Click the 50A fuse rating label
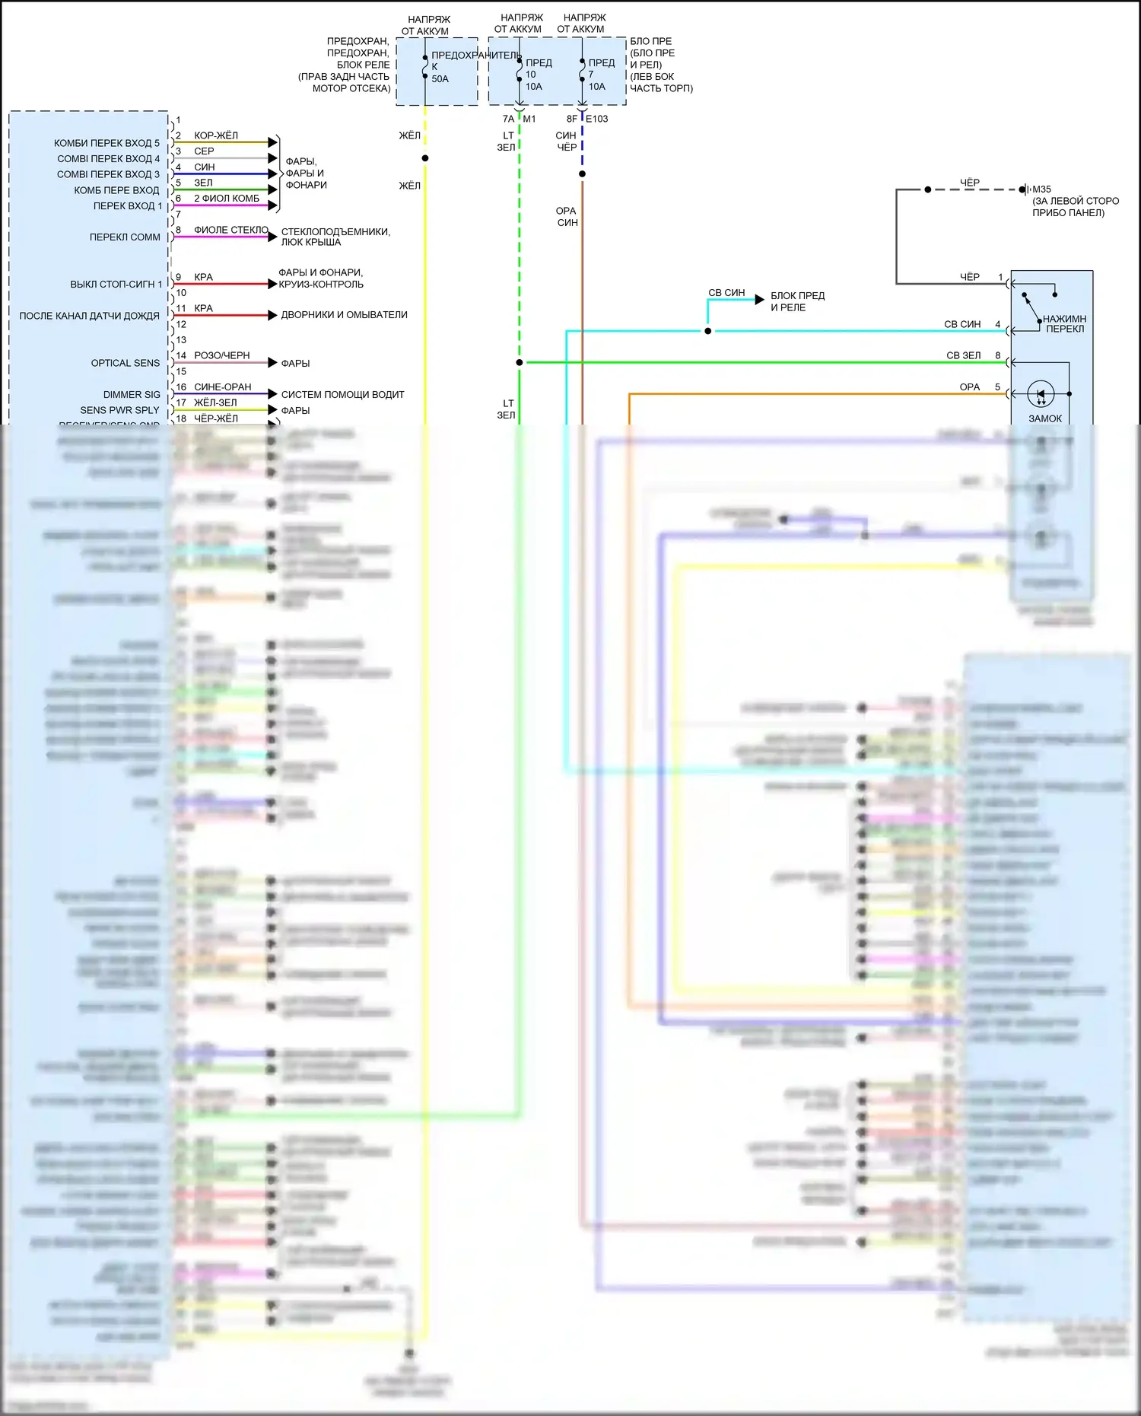[440, 79]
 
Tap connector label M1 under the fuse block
[529, 119]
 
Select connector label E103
[596, 119]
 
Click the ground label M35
[1041, 189]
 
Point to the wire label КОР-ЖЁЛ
[216, 135]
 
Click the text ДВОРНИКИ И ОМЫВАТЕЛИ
[344, 315]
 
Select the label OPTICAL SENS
[126, 363]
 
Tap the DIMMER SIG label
[132, 395]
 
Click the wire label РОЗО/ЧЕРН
[221, 355]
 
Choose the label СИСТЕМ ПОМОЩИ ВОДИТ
[342, 395]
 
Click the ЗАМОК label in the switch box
[1045, 418]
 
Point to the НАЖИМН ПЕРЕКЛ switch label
[1064, 324]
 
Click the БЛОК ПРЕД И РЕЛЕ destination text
[797, 301]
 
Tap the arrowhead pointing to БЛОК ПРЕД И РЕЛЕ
[759, 300]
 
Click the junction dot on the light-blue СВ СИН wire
[708, 331]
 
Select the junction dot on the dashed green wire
[520, 363]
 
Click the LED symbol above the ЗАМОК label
[1041, 394]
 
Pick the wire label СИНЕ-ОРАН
[222, 387]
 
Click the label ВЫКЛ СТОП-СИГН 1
[116, 285]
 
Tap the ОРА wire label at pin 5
[969, 387]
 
